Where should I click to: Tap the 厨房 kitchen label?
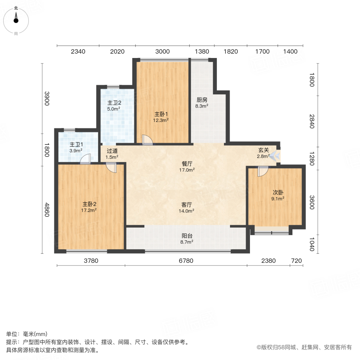point(202,100)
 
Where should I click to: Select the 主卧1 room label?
point(161,113)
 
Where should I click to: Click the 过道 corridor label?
point(112,151)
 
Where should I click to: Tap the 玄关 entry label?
point(263,150)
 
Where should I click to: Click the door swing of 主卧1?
point(147,139)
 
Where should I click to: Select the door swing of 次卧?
point(263,171)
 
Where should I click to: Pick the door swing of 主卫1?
point(85,160)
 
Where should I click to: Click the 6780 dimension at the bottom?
point(186,261)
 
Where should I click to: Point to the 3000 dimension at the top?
point(162,51)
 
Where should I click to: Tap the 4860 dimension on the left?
point(47,210)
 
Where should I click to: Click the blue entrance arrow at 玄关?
point(274,157)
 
